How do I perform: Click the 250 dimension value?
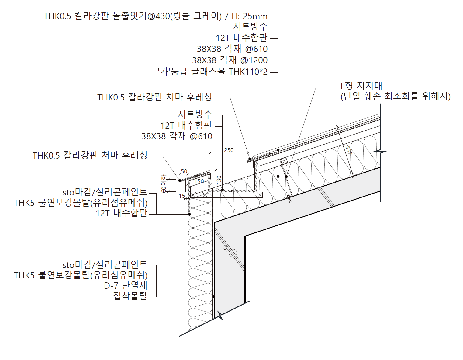pos(229,150)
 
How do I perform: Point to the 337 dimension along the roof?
pos(348,150)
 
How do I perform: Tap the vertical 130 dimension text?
pos(219,180)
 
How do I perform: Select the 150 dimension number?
pos(199,181)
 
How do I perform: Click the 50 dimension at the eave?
pos(184,172)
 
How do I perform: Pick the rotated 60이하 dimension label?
pos(164,184)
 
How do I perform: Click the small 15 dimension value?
pos(182,196)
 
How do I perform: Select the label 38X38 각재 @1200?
pos(230,60)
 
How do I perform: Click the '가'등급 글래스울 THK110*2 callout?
pos(212,72)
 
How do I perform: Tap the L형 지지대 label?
pos(361,86)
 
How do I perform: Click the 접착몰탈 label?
pos(130,296)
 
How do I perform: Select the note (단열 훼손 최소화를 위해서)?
pos(395,96)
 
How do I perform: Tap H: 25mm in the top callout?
pos(249,16)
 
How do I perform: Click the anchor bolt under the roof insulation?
pos(289,199)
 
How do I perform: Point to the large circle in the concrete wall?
pos(233,253)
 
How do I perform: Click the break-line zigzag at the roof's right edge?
pos(381,151)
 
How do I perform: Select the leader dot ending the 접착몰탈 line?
pos(214,297)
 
